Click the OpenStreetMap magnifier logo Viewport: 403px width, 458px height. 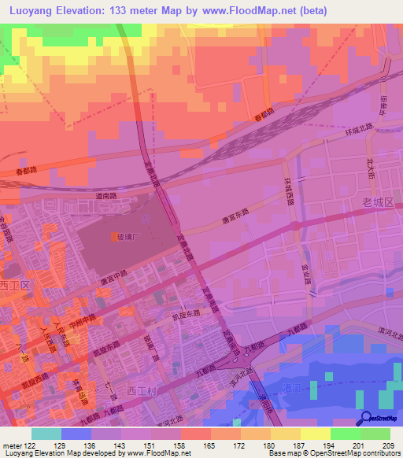coord(364,419)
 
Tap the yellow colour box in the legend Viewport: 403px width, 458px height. coord(316,434)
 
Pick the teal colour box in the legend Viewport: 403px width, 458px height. coord(46,434)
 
